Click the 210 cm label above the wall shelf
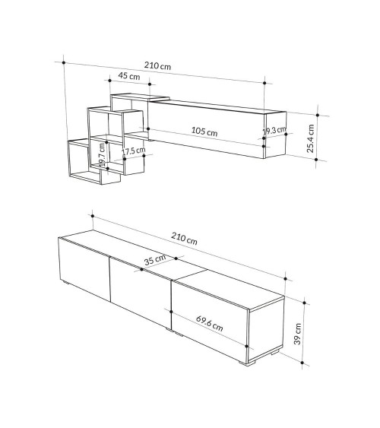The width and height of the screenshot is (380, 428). tap(157, 66)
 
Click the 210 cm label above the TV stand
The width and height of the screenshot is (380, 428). tap(184, 238)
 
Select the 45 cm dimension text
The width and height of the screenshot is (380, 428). tap(129, 75)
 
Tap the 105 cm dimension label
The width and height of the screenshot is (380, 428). tap(204, 132)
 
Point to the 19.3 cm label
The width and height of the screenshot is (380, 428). tap(274, 130)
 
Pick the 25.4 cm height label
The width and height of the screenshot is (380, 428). tap(310, 138)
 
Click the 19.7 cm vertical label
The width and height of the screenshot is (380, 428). tap(102, 155)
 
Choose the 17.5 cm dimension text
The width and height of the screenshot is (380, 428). tap(134, 151)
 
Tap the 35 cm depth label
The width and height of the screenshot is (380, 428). tap(155, 260)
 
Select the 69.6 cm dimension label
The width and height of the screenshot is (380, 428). tap(210, 323)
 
